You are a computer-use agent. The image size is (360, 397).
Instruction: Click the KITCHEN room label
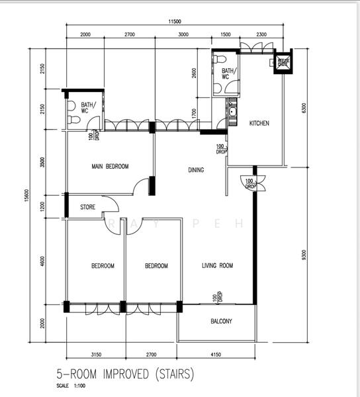pyautogui.click(x=259, y=124)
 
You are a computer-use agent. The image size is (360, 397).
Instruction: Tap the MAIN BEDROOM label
pyautogui.click(x=110, y=166)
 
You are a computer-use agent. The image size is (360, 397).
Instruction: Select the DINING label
pyautogui.click(x=196, y=170)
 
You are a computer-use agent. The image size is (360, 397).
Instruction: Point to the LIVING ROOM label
pyautogui.click(x=218, y=266)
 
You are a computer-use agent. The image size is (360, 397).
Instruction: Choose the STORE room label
pyautogui.click(x=88, y=207)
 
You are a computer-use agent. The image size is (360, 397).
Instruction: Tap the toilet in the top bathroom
pyautogui.click(x=218, y=60)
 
